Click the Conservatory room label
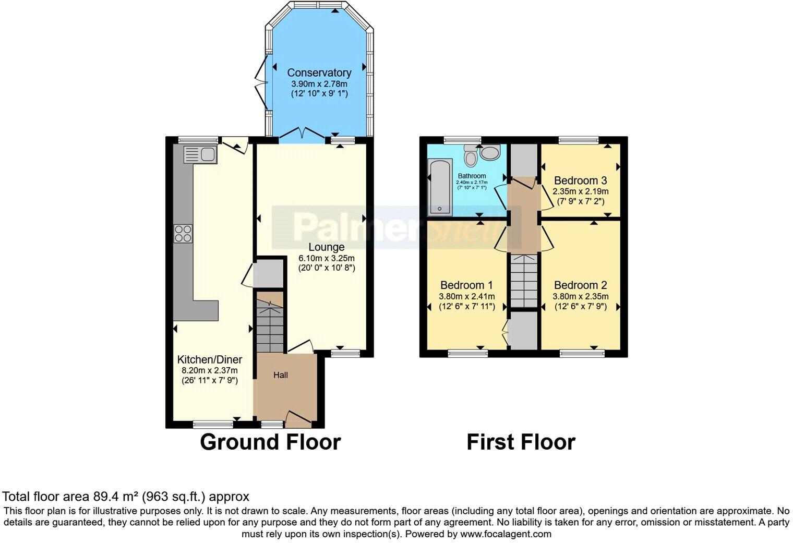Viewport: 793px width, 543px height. tap(319, 73)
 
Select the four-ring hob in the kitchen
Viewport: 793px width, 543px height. tap(183, 233)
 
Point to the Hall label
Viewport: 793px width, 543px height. tap(281, 375)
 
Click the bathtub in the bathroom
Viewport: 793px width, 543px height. tap(440, 187)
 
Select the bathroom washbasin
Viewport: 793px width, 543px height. tap(490, 152)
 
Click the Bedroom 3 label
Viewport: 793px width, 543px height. tap(580, 180)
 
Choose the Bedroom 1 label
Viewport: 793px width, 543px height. tap(466, 285)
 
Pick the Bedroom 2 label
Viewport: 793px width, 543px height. tap(580, 285)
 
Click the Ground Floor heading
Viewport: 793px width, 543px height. tap(270, 442)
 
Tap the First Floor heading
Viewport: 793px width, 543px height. tap(521, 442)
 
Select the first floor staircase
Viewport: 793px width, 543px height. tap(523, 281)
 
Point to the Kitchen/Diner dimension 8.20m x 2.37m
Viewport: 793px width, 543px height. tap(210, 370)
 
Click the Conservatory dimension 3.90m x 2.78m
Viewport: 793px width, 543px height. tap(319, 83)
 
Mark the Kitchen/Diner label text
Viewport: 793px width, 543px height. tap(210, 360)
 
